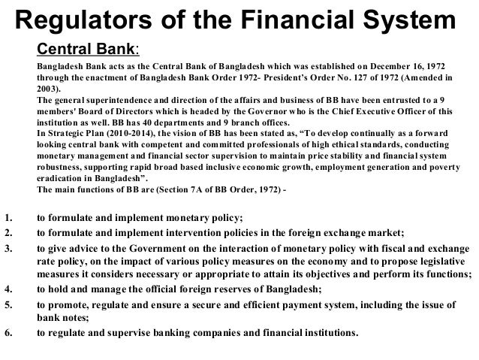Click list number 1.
[8, 218]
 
